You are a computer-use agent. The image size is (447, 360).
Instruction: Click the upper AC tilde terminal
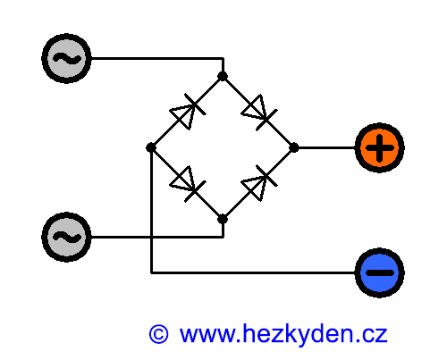pyautogui.click(x=66, y=58)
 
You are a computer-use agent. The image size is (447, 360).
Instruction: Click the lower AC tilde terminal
pyautogui.click(x=66, y=237)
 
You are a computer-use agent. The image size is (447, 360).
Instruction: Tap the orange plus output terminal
pyautogui.click(x=380, y=147)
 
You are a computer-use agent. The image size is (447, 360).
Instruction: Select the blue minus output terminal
pyautogui.click(x=380, y=272)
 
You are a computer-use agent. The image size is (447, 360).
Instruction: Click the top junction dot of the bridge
pyautogui.click(x=223, y=76)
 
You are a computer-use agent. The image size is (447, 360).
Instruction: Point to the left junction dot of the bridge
pyautogui.click(x=151, y=147)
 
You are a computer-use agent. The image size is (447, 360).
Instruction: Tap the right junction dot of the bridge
pyautogui.click(x=294, y=147)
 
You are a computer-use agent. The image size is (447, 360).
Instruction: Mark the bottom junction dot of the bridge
pyautogui.click(x=223, y=219)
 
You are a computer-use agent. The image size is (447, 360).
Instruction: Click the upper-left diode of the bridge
pyautogui.click(x=188, y=112)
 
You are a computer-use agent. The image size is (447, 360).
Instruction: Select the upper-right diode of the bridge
pyautogui.click(x=259, y=113)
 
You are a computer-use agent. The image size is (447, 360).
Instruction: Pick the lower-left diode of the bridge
pyautogui.click(x=188, y=184)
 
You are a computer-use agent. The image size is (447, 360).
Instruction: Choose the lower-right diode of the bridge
pyautogui.click(x=259, y=183)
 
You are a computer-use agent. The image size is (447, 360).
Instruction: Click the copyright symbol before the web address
pyautogui.click(x=158, y=334)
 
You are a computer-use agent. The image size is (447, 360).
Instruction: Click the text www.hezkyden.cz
pyautogui.click(x=283, y=335)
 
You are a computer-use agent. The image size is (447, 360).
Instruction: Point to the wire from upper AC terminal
pyautogui.click(x=157, y=58)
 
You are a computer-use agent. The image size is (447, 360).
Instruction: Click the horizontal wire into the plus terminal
pyautogui.click(x=327, y=147)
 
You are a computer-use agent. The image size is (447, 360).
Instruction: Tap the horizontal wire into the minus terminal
pyautogui.click(x=253, y=272)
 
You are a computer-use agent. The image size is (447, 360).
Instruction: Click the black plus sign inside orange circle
pyautogui.click(x=380, y=148)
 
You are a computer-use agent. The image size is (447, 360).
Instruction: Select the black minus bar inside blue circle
pyautogui.click(x=380, y=272)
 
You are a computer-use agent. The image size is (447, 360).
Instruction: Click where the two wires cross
pyautogui.click(x=152, y=237)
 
